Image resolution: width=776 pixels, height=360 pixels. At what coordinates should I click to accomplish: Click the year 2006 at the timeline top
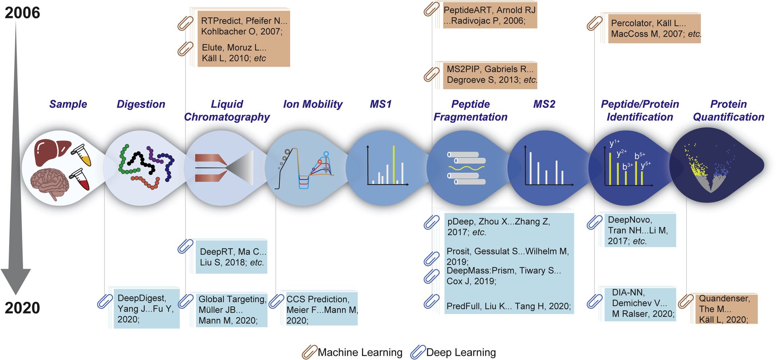(22, 13)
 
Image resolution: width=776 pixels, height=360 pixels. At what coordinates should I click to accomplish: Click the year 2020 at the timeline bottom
(22, 308)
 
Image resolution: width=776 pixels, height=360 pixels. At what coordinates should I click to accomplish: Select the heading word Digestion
(141, 104)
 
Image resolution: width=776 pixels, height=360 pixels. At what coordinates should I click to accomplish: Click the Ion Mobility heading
(312, 104)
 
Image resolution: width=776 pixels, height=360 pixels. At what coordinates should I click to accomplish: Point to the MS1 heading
(381, 104)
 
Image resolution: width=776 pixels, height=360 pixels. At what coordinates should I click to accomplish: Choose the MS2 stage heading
(544, 104)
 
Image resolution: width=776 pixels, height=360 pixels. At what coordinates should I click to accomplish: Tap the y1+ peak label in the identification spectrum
(614, 143)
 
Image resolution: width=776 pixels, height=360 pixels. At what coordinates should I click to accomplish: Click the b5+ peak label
(640, 156)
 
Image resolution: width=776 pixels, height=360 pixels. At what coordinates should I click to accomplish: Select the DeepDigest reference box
(146, 309)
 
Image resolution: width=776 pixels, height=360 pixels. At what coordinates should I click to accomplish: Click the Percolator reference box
(654, 28)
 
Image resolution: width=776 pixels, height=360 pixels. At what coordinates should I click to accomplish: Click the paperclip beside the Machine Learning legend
(309, 352)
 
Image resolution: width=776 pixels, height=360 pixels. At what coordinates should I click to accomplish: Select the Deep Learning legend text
(461, 353)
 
